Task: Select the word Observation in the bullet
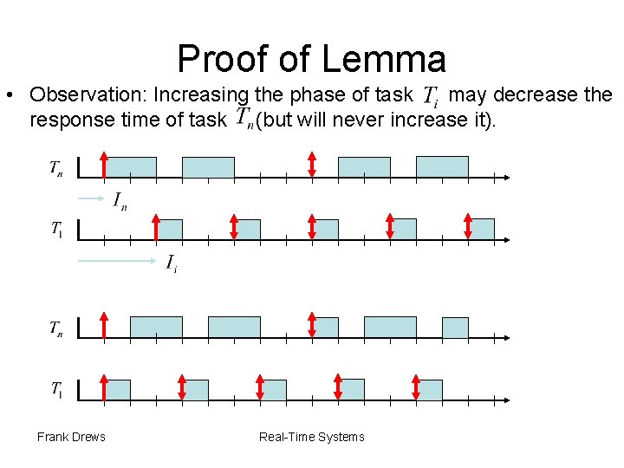88,94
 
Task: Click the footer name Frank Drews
71,437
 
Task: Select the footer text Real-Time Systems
312,437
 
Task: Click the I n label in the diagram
120,202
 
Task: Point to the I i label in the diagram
172,263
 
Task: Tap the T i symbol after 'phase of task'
431,96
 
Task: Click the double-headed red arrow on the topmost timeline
312,165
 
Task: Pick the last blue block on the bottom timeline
429,390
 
